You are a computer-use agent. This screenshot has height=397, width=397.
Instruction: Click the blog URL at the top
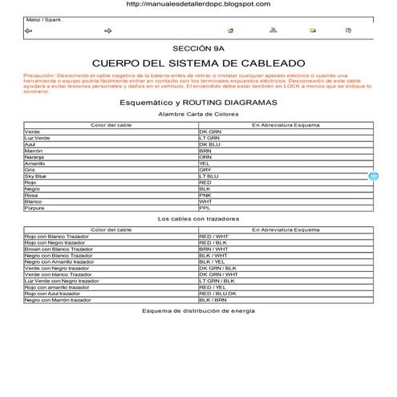198,4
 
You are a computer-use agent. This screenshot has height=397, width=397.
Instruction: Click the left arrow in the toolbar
29,30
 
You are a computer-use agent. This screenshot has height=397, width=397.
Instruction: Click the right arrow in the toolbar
108,30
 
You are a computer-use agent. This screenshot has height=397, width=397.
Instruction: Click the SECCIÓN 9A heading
198,48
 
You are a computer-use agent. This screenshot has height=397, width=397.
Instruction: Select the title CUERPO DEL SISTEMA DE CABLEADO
198,63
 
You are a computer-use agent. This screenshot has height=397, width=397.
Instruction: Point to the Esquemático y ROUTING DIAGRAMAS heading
198,103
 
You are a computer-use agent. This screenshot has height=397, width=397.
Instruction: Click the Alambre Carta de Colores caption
198,115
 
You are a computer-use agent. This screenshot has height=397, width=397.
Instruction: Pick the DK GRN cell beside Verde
210,131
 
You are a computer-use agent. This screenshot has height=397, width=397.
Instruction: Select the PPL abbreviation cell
205,208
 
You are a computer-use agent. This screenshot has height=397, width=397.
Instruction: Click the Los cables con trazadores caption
198,219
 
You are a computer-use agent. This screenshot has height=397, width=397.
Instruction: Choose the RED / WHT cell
213,237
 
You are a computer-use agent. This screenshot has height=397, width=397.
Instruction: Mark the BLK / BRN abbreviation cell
213,300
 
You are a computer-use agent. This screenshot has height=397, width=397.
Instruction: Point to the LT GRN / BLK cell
217,281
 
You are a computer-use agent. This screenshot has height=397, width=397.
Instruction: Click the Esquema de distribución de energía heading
198,311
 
